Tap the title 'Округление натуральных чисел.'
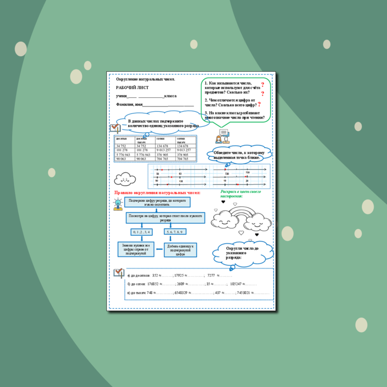pos(146,79)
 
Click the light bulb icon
pos(117,203)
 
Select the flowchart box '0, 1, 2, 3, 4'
pos(141,232)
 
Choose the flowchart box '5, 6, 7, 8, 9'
pos(175,232)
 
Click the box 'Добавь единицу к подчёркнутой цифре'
pos(180,250)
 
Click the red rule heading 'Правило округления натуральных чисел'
pos(157,192)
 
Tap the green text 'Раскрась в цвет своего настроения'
pos(240,194)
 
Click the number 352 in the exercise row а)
pos(155,276)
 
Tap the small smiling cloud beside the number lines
pos(125,178)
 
